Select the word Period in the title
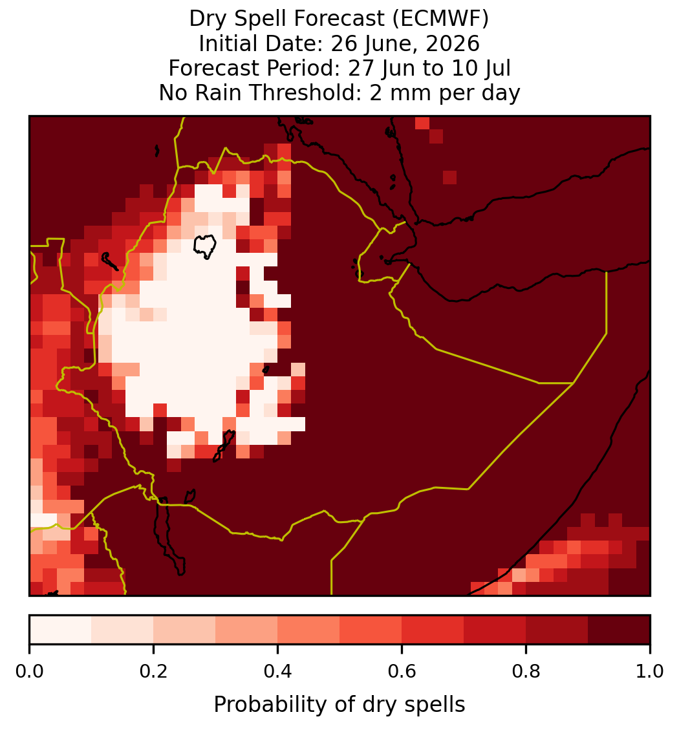[303, 68]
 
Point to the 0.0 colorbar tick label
[29, 672]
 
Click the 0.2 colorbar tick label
[153, 672]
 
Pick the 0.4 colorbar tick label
[278, 672]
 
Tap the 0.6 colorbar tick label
[402, 672]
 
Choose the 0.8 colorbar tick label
[526, 672]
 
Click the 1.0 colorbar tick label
[650, 672]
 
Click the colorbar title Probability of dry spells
[339, 705]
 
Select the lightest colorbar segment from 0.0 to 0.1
[61, 630]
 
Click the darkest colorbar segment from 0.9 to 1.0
[619, 630]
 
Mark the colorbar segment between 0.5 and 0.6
[371, 630]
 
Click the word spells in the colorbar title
[435, 705]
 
